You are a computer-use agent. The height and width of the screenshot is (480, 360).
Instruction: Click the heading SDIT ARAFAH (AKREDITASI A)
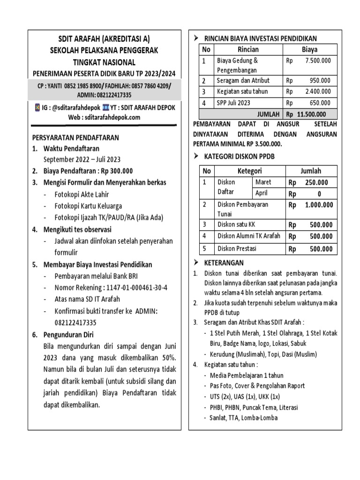[104, 39]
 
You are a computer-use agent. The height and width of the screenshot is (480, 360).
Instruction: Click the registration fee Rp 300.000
[111, 171]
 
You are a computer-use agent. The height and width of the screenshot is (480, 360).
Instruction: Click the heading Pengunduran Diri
[68, 335]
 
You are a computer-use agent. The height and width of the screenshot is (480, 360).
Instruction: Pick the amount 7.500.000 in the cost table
[317, 60]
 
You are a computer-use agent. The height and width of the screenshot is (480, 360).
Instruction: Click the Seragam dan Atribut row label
[243, 80]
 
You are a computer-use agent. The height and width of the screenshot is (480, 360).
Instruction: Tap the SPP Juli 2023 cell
[233, 103]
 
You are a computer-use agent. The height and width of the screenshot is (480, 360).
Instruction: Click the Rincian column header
[248, 49]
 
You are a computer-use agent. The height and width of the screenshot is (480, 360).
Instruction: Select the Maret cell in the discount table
[263, 182]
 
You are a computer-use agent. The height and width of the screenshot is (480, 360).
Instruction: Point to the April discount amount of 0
[319, 194]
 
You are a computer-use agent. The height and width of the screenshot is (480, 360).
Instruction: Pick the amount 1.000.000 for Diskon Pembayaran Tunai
[319, 205]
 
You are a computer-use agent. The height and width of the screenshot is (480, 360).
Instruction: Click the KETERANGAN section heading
[224, 262]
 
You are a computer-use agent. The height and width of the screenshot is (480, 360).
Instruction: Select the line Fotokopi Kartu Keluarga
[89, 206]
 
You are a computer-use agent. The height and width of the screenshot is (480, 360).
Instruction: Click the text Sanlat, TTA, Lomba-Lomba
[244, 418]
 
